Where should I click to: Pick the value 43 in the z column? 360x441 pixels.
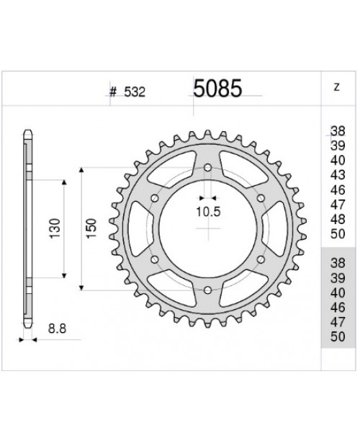click(337, 176)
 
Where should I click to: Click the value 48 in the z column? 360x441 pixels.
click(337, 219)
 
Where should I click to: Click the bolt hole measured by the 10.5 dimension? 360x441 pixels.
click(208, 168)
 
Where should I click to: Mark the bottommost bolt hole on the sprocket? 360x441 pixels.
click(208, 288)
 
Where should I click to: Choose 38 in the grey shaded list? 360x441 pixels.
click(337, 263)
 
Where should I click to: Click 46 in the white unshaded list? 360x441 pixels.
click(337, 190)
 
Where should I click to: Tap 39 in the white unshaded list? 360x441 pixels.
click(337, 146)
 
